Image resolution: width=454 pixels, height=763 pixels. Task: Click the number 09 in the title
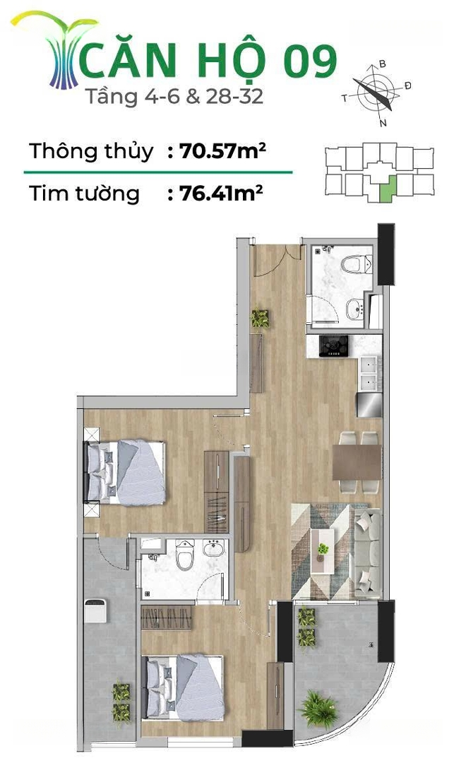coord(310,61)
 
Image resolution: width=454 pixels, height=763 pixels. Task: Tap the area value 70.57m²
coord(222,151)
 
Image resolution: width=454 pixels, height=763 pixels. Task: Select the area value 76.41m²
coord(221,193)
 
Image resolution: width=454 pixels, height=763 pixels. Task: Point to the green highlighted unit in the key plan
coord(387,189)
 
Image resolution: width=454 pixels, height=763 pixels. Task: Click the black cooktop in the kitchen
coord(334,345)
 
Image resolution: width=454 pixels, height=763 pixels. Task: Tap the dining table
coord(357,462)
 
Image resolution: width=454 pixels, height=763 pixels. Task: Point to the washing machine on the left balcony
coord(95,611)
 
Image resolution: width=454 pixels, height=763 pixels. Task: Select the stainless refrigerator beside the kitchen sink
coord(369,405)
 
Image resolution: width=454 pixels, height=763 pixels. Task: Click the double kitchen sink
coord(371,374)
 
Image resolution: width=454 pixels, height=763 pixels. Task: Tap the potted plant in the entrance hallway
coord(260,319)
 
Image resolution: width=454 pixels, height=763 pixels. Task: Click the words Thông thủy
coord(91,151)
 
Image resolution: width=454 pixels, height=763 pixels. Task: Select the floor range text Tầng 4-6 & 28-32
coord(174,96)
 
